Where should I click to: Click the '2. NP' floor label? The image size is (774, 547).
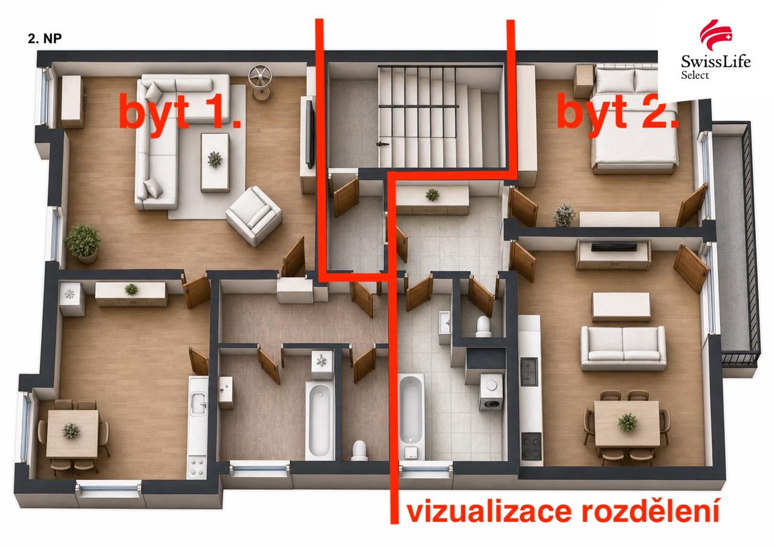45,38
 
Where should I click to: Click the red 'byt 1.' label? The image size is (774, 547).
180,112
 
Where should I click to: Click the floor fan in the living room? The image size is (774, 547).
260,83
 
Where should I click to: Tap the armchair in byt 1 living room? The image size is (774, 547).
254,216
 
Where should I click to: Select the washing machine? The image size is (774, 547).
491,392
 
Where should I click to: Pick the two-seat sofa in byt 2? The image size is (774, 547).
623,348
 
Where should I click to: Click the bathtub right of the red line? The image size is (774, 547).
412,418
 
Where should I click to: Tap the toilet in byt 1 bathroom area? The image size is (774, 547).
359,450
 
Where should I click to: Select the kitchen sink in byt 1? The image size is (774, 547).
199,403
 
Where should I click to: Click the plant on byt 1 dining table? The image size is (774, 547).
71,430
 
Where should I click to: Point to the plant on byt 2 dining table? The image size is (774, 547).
628,422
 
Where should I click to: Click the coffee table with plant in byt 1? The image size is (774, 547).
215,163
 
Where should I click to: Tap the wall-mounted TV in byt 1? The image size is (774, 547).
310,133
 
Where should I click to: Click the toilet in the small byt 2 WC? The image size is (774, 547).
483,326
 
